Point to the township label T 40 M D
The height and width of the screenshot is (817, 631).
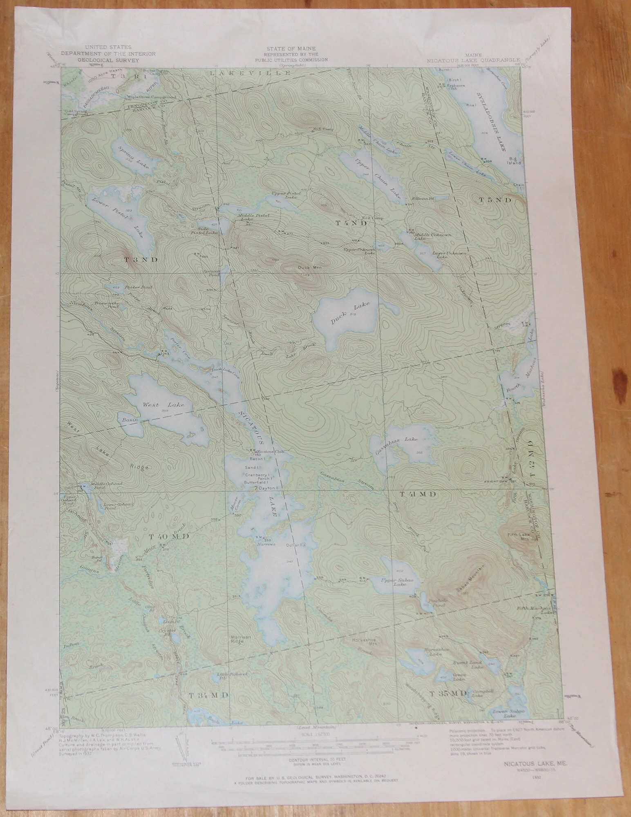169,536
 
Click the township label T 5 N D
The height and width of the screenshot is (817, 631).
495,200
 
